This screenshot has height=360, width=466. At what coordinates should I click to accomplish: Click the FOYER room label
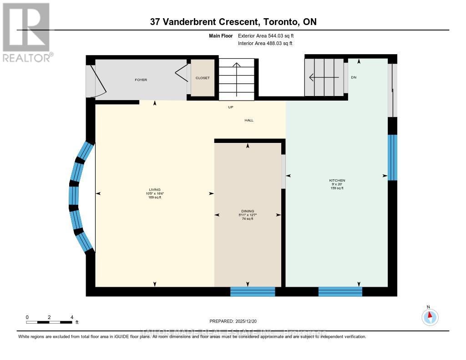(141, 80)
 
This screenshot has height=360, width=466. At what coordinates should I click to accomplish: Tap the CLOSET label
(203, 78)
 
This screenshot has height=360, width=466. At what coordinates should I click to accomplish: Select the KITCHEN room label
(337, 180)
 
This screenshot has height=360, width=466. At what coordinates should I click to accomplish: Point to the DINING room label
(248, 211)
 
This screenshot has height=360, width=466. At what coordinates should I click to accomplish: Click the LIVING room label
(155, 190)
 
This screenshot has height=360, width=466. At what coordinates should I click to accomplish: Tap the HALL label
(248, 120)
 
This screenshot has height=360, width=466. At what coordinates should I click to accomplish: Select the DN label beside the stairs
(354, 77)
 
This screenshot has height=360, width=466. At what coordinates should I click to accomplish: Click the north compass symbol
(430, 316)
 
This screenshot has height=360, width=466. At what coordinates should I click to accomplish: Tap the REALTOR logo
(26, 32)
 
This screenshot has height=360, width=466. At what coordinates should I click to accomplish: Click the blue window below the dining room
(253, 292)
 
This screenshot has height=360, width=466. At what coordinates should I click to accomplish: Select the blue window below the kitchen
(340, 292)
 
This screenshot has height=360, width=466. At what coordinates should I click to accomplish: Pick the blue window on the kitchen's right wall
(392, 157)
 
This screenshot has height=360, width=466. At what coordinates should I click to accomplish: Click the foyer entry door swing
(91, 81)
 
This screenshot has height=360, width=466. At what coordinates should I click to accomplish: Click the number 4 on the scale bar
(71, 317)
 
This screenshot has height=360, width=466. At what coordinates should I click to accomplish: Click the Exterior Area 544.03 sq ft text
(269, 35)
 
